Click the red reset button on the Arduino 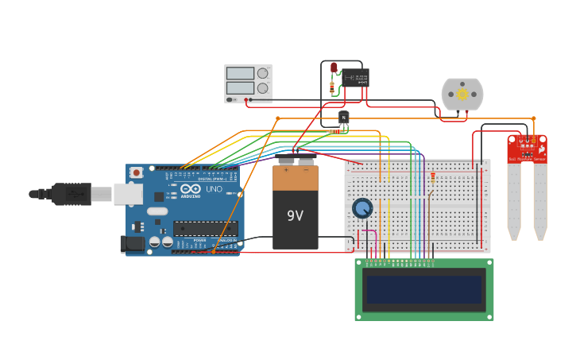tap(137, 172)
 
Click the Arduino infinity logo tap(191, 189)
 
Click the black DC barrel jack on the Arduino tap(132, 244)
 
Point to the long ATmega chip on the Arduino tap(205, 229)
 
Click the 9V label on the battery tap(295, 215)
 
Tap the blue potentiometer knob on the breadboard tap(362, 208)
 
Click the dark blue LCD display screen tap(423, 289)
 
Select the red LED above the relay tap(334, 68)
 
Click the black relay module tap(356, 77)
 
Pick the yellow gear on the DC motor tap(462, 95)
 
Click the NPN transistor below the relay tap(343, 118)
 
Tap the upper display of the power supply tap(239, 73)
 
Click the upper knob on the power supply tap(262, 73)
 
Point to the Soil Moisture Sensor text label tap(527, 160)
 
